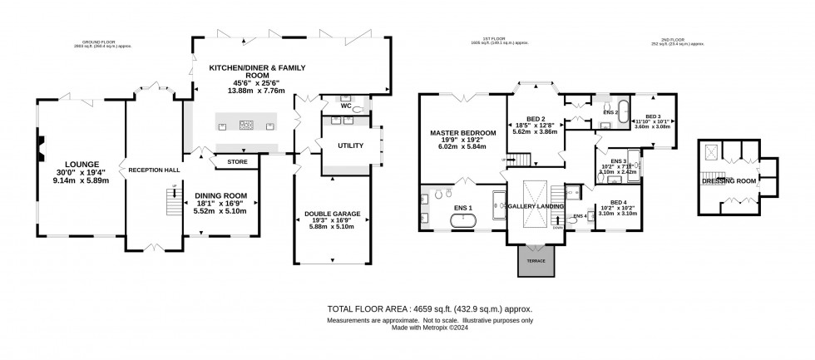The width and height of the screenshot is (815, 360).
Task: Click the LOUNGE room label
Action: tap(77, 164)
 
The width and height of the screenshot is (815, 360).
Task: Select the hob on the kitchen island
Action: tap(247, 126)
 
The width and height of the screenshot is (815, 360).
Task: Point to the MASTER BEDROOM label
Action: tap(463, 133)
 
